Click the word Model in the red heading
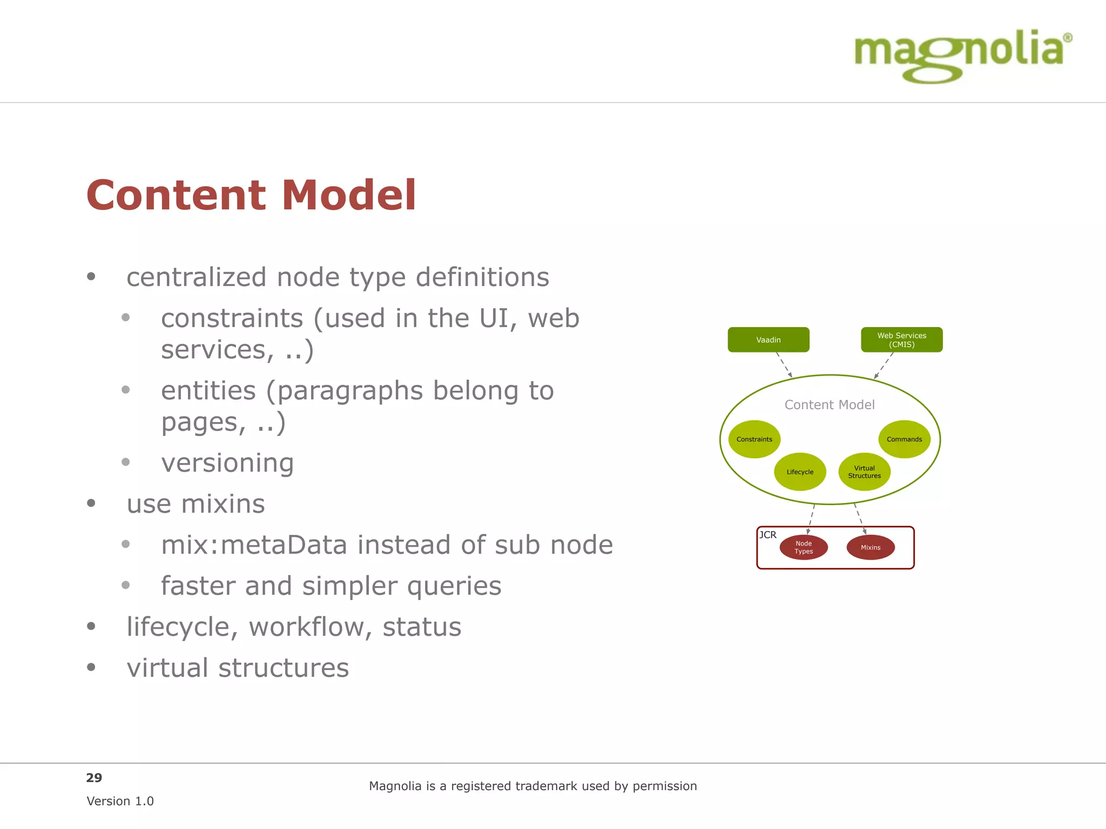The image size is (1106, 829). pyautogui.click(x=348, y=195)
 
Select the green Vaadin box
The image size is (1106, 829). pyautogui.click(x=768, y=340)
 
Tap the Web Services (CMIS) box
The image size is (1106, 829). pyautogui.click(x=901, y=340)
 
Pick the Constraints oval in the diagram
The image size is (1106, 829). pyautogui.click(x=754, y=439)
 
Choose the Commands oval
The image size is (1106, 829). pyautogui.click(x=904, y=439)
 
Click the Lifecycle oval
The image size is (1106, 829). pyautogui.click(x=800, y=472)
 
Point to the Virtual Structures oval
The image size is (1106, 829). pyautogui.click(x=864, y=472)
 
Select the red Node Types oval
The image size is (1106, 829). pyautogui.click(x=803, y=547)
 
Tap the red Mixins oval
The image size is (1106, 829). pyautogui.click(x=870, y=547)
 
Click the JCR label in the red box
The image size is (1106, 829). pyautogui.click(x=767, y=535)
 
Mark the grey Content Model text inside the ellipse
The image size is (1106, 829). pyautogui.click(x=829, y=405)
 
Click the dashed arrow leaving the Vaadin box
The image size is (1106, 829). pyautogui.click(x=784, y=364)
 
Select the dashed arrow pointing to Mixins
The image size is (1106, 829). pyautogui.click(x=860, y=518)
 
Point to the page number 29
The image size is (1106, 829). pyautogui.click(x=94, y=778)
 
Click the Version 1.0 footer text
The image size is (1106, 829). pyautogui.click(x=120, y=801)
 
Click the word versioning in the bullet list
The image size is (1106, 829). pyautogui.click(x=227, y=463)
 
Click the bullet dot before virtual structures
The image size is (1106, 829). pyautogui.click(x=91, y=668)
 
